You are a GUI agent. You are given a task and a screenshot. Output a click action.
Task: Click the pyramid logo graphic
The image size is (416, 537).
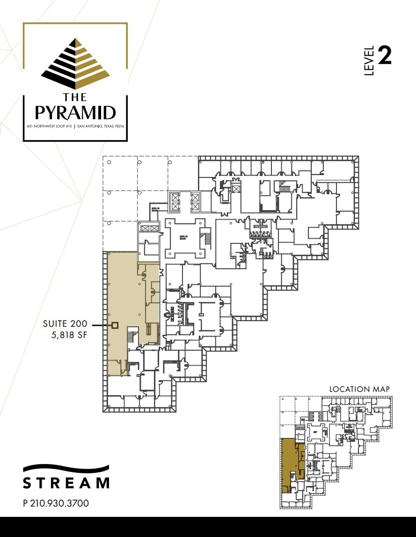point(75,63)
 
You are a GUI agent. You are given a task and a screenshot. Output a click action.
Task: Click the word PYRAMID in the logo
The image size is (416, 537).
point(75,113)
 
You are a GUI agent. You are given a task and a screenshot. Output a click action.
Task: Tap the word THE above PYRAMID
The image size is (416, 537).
point(75,97)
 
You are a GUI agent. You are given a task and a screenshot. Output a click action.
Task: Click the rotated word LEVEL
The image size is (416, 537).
point(369,61)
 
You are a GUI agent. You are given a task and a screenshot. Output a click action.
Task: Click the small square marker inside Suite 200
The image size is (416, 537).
point(115,324)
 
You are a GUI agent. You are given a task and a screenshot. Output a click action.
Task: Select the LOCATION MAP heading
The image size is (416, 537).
point(359,389)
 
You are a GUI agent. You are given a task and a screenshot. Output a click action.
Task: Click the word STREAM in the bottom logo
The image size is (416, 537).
point(66,483)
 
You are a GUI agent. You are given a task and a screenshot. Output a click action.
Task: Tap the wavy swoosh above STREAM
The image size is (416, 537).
point(66,469)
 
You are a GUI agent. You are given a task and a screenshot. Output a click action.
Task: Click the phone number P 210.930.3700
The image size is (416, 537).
point(56,503)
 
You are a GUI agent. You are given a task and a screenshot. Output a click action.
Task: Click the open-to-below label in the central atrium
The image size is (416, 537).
point(183,237)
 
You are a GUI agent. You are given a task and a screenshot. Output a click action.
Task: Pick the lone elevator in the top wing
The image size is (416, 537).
point(236,189)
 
